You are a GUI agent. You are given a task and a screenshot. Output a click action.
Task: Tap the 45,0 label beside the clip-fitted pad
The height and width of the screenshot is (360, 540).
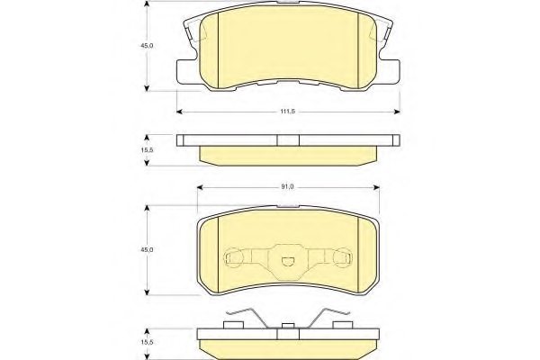pos(131,249)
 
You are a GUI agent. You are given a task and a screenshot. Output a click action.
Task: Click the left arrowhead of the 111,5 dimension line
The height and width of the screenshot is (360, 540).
pos(180,111)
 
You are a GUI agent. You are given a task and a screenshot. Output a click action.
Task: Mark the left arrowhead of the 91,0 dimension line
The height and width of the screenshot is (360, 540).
pos(198,186)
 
